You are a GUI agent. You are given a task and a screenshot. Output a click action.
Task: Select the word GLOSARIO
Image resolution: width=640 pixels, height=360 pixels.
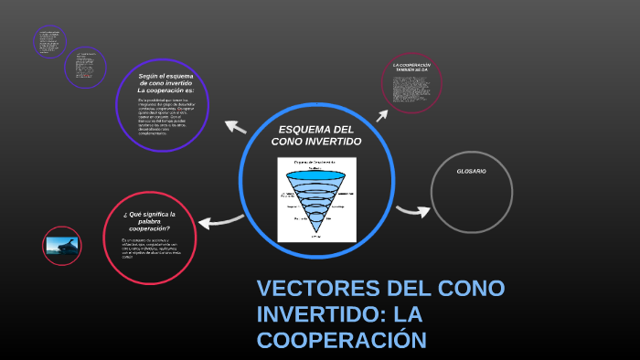(x=471, y=172)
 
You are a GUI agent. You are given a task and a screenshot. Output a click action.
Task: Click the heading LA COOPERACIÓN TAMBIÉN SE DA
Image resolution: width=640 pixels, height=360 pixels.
(x=411, y=68)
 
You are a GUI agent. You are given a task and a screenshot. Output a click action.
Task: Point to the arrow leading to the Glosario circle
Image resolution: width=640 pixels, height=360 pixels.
(x=412, y=212)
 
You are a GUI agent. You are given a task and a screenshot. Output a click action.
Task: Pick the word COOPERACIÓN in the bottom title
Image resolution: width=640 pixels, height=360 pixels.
(x=342, y=340)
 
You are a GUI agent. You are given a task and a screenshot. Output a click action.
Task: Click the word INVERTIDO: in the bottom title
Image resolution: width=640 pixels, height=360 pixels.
(x=315, y=315)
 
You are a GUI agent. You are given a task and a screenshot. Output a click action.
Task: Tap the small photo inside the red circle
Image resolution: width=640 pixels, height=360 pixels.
(x=61, y=245)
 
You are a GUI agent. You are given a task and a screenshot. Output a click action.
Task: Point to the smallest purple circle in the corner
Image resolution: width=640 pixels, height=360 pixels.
(x=48, y=41)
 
